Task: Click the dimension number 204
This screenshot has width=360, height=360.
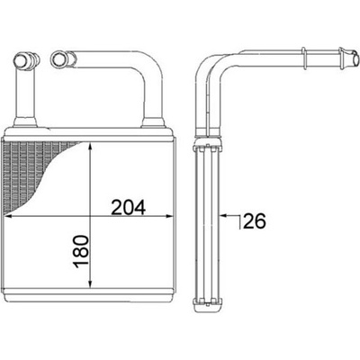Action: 128,207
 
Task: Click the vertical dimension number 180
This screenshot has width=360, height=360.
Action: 81,252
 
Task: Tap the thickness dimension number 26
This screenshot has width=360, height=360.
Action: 255,221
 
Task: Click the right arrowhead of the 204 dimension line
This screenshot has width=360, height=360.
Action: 168,216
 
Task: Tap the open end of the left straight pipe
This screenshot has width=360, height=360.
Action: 22,58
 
